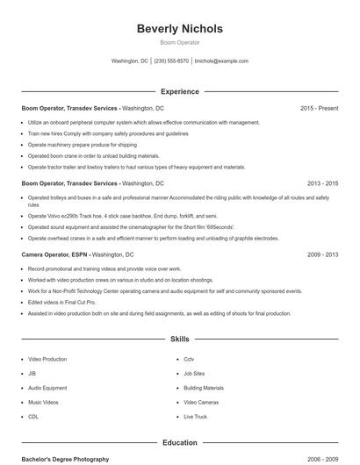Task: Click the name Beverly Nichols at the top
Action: point(179,28)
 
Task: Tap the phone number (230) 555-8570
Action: point(171,61)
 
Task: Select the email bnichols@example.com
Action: point(221,61)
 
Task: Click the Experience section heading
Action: point(179,91)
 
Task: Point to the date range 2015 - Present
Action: point(319,108)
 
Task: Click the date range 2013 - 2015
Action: point(322,184)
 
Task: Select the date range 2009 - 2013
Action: point(322,254)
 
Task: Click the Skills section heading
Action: point(179,338)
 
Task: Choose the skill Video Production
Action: point(47,360)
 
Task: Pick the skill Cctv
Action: point(189,360)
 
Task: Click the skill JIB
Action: point(32,374)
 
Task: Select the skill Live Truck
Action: point(195,417)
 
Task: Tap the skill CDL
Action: point(33,417)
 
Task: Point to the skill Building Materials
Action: point(204,388)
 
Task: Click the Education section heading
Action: point(179,443)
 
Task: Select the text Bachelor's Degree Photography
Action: point(65,459)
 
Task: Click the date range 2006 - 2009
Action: point(322,459)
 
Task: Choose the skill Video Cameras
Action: point(201,402)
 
